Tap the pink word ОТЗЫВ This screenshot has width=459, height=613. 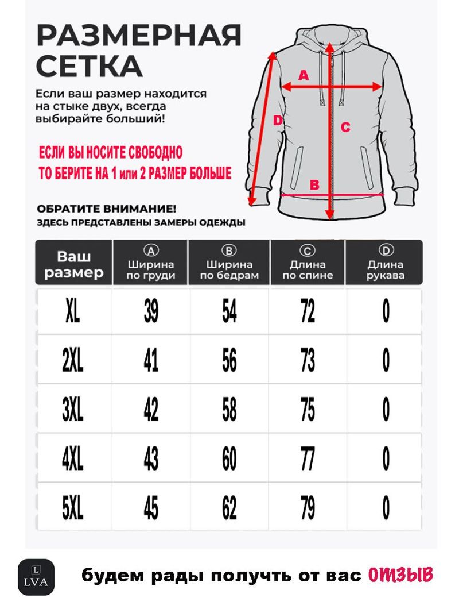click(x=399, y=575)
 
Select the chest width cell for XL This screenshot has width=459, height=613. click(x=151, y=311)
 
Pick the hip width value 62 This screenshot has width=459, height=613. click(x=229, y=508)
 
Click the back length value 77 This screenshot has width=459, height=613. click(x=308, y=459)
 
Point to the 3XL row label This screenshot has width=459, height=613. click(x=73, y=410)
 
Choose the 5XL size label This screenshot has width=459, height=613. click(x=73, y=508)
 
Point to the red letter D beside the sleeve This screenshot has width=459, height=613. click(x=277, y=121)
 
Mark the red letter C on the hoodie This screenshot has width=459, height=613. click(x=345, y=128)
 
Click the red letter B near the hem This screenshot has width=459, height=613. click(x=314, y=184)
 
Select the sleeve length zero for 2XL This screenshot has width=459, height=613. click(x=386, y=361)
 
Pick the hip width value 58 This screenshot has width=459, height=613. click(x=229, y=410)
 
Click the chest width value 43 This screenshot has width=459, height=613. click(x=151, y=459)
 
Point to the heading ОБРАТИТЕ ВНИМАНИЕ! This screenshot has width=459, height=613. click(x=106, y=209)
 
